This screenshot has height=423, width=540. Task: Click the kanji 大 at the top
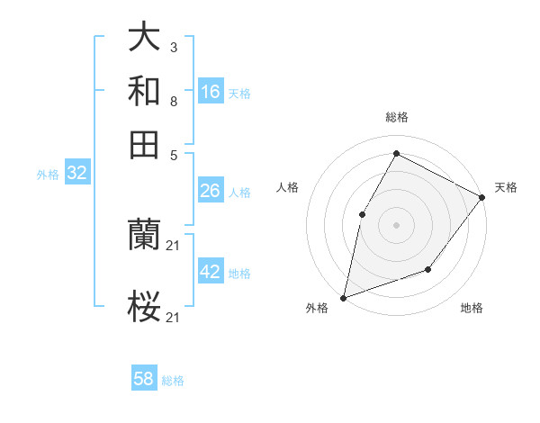coord(144,39)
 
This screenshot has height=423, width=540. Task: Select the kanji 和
coord(144,91)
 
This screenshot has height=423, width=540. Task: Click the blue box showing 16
coord(211,91)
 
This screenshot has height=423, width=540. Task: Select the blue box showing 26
coord(211,191)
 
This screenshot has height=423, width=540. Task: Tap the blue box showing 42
coord(211,272)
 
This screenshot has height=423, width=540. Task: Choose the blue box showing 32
coord(76,174)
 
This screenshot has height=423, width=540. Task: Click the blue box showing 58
coord(144,379)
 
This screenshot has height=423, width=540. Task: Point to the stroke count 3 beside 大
coord(173,45)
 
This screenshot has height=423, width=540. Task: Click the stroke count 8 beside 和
coord(173,102)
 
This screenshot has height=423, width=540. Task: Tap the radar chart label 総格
coord(396,117)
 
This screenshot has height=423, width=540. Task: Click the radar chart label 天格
coord(506,187)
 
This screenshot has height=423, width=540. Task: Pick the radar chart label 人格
coord(287,187)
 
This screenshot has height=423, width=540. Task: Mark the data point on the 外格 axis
coord(343,297)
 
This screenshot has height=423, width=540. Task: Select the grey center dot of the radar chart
coord(396,224)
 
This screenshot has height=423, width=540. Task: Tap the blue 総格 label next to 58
coord(173,381)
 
